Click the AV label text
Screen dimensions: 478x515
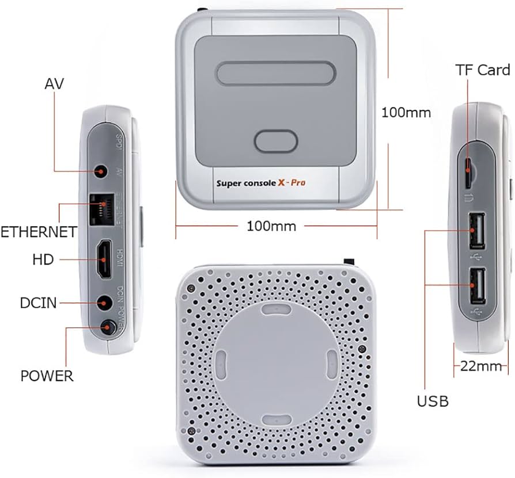(x=54, y=84)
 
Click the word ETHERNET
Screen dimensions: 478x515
(x=39, y=232)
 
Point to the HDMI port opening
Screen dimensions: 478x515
(x=104, y=259)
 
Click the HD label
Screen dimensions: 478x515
(x=43, y=260)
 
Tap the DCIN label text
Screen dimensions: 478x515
(x=38, y=303)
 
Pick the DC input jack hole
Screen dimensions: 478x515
(x=104, y=302)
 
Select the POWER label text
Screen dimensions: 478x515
(x=47, y=376)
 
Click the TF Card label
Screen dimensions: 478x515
(x=483, y=70)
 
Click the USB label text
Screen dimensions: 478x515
(x=433, y=401)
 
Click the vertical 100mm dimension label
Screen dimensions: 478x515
(x=406, y=112)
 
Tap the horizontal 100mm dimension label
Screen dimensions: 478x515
(x=271, y=226)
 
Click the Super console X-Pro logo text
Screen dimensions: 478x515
(x=260, y=183)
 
